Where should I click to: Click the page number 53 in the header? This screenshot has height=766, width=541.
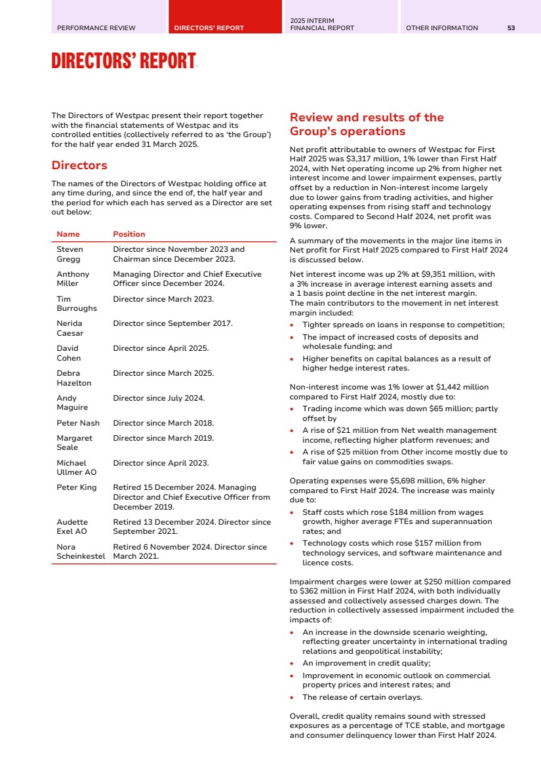(x=511, y=28)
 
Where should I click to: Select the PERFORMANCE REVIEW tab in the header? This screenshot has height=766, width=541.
(x=96, y=28)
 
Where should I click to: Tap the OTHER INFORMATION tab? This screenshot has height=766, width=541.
(x=442, y=28)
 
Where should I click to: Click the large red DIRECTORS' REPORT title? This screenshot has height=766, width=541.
(x=123, y=62)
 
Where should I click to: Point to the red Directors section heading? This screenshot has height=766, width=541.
(x=79, y=165)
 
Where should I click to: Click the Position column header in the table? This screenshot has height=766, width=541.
(x=129, y=234)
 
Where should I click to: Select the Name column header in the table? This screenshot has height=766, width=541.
(x=68, y=234)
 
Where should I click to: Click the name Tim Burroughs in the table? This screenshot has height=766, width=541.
(x=76, y=304)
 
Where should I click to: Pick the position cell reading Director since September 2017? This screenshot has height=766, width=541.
(x=172, y=323)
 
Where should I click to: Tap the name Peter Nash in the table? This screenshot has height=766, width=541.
(x=78, y=423)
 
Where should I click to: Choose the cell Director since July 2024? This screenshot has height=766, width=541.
(x=159, y=398)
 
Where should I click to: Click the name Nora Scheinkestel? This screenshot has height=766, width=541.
(x=81, y=552)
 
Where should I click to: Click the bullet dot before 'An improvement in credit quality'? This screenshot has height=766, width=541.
(x=292, y=664)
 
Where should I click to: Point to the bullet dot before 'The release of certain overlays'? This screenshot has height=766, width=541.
(x=292, y=697)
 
